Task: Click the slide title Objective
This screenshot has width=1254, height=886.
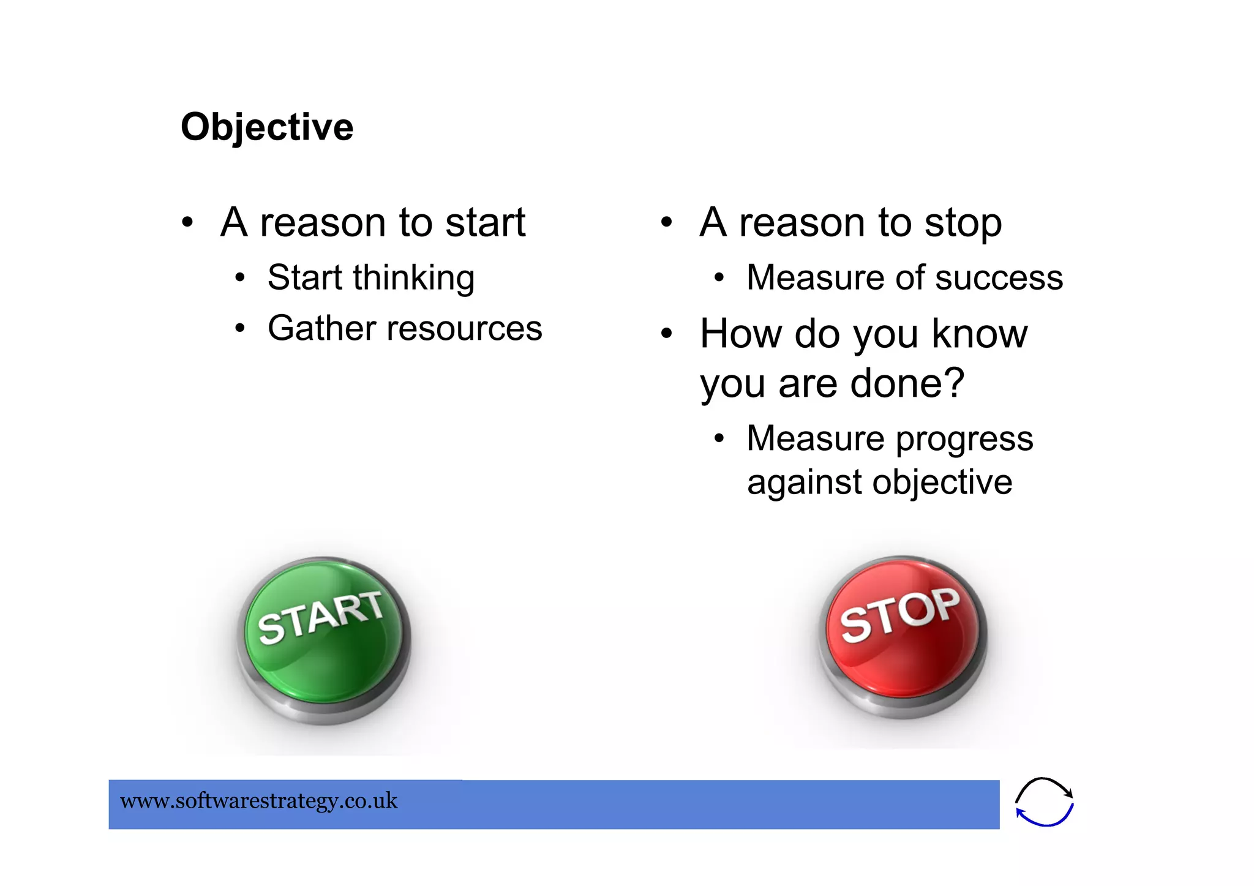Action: click(267, 127)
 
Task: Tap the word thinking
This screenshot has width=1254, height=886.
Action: click(413, 279)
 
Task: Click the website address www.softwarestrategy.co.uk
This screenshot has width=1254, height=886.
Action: click(258, 801)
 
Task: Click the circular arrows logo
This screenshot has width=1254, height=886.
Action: click(1044, 802)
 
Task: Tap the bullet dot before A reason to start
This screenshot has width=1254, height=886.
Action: click(187, 222)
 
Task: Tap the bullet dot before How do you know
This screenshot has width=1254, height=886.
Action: click(667, 334)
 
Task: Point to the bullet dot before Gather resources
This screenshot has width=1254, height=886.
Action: click(240, 329)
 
